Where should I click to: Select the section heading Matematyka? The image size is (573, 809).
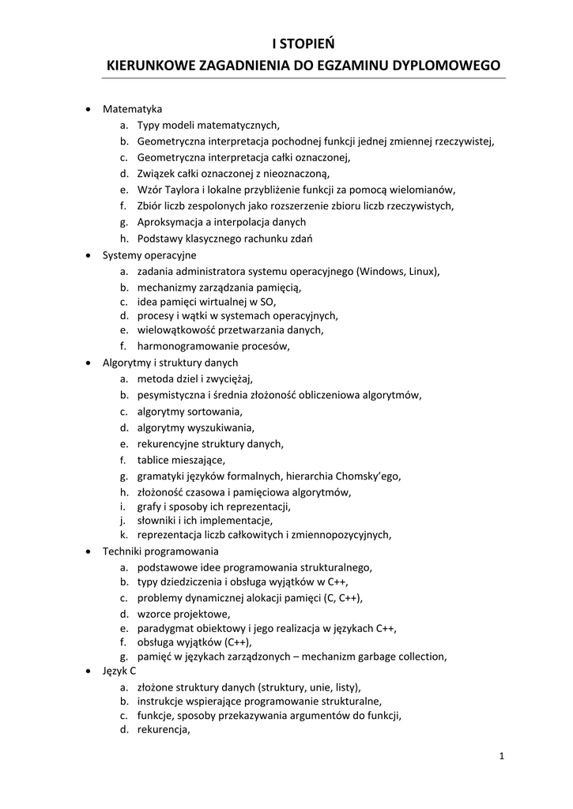click(132, 108)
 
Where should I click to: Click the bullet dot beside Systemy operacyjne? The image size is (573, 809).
click(88, 255)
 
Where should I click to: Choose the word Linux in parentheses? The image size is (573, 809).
click(421, 271)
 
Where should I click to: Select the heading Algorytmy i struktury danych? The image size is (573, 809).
click(170, 362)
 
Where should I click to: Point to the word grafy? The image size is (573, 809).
click(150, 506)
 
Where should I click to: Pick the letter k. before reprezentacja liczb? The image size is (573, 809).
click(124, 535)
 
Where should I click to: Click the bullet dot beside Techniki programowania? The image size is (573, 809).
click(88, 551)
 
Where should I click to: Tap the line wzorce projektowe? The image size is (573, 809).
click(184, 613)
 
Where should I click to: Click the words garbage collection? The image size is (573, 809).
click(401, 656)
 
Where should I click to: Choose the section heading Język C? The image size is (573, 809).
click(119, 670)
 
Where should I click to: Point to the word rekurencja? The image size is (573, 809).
click(164, 730)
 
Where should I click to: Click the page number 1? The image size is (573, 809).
click(501, 756)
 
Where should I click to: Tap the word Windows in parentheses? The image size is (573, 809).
click(382, 271)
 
